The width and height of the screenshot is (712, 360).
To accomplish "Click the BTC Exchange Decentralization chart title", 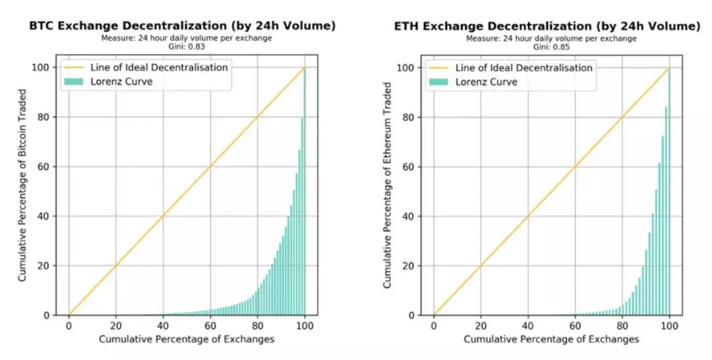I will (181, 26).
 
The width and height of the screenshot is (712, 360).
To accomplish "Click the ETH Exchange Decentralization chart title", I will (547, 26).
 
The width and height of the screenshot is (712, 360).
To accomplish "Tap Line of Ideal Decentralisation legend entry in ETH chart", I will (510, 67).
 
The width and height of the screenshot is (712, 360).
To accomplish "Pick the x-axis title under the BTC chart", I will (187, 339).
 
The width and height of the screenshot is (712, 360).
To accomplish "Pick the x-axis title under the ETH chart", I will (551, 339).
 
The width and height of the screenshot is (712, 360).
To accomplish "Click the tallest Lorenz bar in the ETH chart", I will (669, 198).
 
